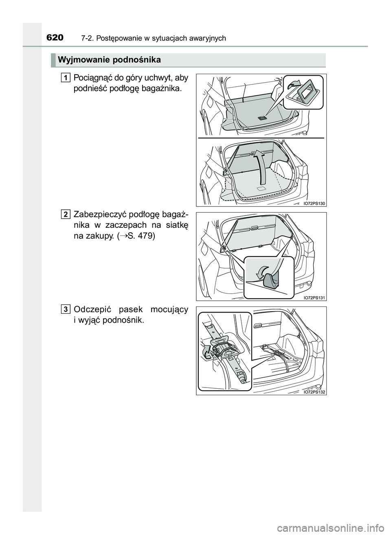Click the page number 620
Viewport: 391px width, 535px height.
(x=55, y=37)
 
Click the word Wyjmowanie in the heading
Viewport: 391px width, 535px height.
(x=83, y=60)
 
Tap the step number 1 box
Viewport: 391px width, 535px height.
(x=65, y=78)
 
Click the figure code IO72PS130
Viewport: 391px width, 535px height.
(x=314, y=203)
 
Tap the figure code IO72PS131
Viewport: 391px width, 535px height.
(x=314, y=298)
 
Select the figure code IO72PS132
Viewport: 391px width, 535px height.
(x=314, y=392)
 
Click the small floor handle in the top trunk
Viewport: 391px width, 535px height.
(x=262, y=118)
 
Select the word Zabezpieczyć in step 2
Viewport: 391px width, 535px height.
(x=100, y=215)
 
